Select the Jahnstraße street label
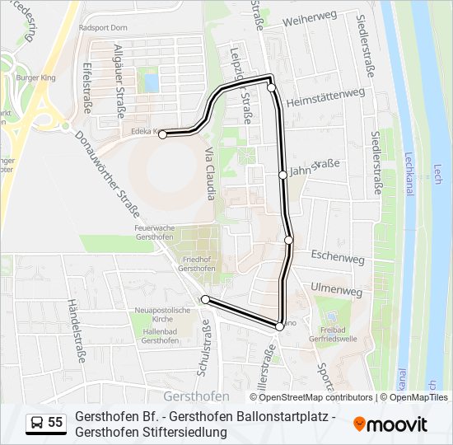315,168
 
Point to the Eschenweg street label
338,258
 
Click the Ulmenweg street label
336,291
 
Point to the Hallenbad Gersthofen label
161,336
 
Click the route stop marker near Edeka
163,134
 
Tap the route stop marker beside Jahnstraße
283,175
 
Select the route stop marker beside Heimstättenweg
271,87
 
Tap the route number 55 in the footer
55,423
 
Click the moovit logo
390,424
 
